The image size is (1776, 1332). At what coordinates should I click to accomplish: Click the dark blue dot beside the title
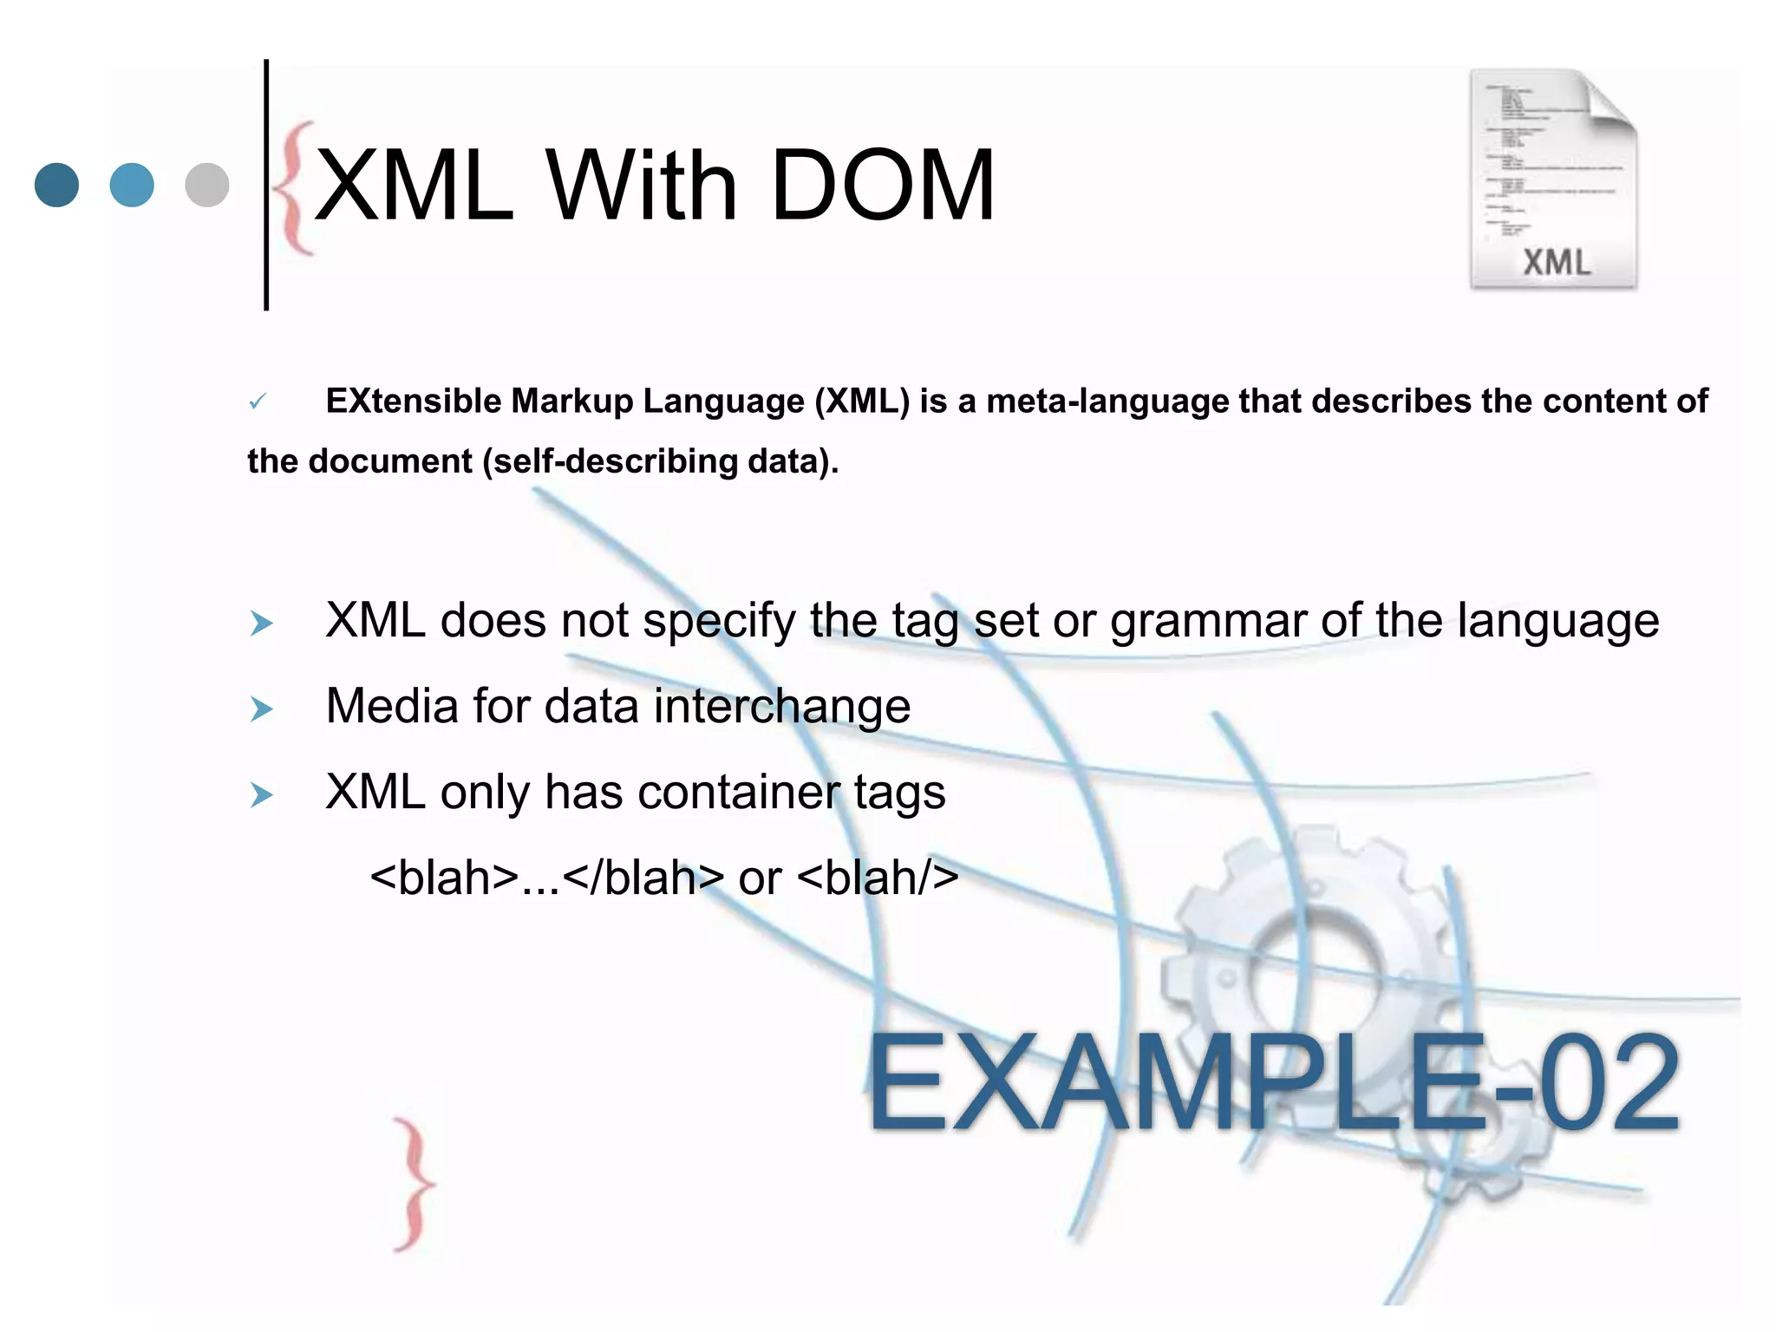(x=56, y=185)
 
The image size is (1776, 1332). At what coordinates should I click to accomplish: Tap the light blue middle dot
(x=132, y=185)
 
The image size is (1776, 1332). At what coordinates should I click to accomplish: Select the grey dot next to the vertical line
(x=207, y=185)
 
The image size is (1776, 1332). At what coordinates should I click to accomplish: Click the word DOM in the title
(x=882, y=186)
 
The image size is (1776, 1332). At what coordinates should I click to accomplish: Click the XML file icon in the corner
(x=1553, y=180)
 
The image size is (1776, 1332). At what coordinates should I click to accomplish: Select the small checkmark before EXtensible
(x=258, y=402)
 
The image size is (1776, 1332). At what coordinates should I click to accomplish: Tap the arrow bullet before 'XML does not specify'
(x=261, y=624)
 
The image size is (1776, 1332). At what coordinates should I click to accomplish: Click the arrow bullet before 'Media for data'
(x=261, y=709)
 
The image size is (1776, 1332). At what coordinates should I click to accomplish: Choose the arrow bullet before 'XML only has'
(x=261, y=794)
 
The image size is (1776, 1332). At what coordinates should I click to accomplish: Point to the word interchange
(x=781, y=706)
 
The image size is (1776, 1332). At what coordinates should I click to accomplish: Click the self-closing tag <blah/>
(x=878, y=878)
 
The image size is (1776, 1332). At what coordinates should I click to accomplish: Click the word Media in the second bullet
(x=392, y=706)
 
